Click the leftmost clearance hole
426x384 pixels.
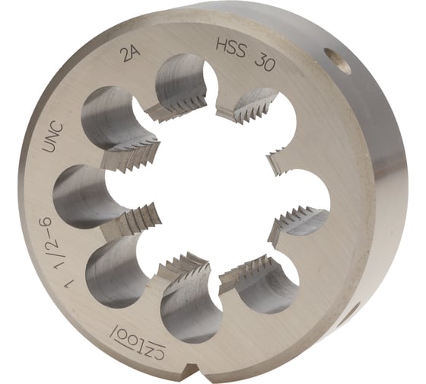76,197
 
